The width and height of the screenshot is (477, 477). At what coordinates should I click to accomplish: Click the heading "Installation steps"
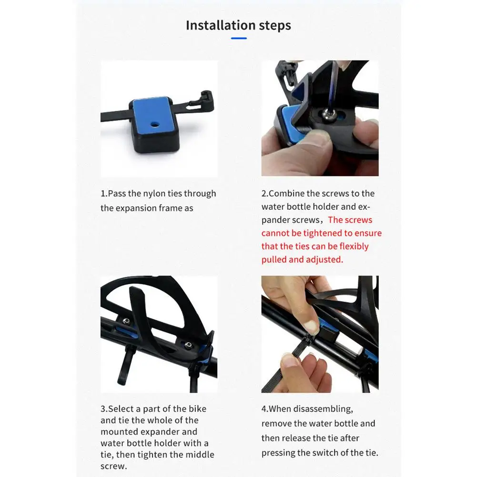(x=238, y=25)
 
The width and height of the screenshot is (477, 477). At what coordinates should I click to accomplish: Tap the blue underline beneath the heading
(x=239, y=38)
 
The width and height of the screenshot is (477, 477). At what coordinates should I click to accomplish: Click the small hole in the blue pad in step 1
(x=154, y=123)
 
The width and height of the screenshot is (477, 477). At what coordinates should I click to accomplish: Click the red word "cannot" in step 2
(x=278, y=233)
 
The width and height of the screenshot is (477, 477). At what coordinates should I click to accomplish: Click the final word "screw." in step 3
(x=114, y=466)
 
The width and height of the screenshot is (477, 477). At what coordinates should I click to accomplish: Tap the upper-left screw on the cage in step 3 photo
(x=126, y=320)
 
